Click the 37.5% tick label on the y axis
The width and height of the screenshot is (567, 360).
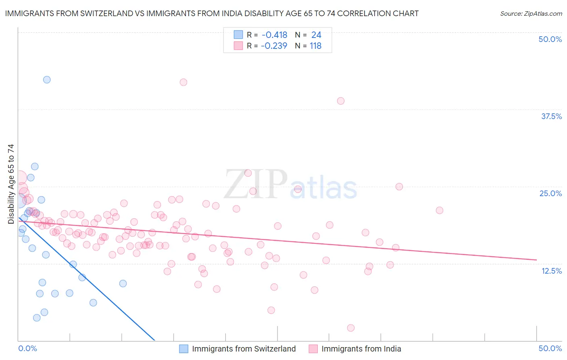[x=551, y=116]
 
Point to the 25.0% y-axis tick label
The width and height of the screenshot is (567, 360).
[x=550, y=193]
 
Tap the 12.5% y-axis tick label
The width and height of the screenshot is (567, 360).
[x=551, y=271]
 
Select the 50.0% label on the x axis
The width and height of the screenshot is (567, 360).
[x=550, y=348]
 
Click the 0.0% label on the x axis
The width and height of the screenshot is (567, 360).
[x=28, y=348]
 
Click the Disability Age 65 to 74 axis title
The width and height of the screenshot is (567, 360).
[x=11, y=184]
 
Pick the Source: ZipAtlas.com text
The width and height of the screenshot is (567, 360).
[x=531, y=14]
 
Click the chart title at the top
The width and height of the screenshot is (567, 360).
[x=212, y=13]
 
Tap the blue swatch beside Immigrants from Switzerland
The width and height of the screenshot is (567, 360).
[x=184, y=349]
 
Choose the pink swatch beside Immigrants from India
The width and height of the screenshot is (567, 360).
[x=313, y=349]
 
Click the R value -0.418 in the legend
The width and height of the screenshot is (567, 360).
[x=274, y=35]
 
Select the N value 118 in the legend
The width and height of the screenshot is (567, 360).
[x=315, y=46]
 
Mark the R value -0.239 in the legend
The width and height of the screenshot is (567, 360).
[x=274, y=46]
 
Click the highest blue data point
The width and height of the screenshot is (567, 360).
[x=47, y=80]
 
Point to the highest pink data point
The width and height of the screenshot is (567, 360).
[x=183, y=82]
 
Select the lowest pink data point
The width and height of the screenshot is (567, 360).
[x=351, y=328]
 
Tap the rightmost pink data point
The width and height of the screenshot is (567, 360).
[x=440, y=210]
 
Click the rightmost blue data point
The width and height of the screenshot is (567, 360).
[x=123, y=283]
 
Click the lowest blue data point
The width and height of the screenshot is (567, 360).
[x=37, y=318]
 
